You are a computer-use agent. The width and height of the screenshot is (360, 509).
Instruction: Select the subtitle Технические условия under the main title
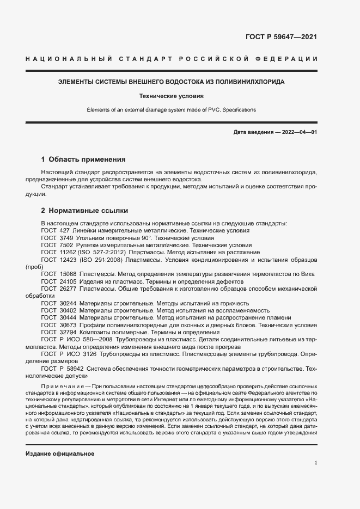click(x=171, y=96)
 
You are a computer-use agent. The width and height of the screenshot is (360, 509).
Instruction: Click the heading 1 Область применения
click(x=83, y=160)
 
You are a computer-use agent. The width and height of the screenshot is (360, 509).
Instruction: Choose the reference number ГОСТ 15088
click(x=59, y=274)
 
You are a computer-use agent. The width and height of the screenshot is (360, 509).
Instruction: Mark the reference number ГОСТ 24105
click(x=59, y=281)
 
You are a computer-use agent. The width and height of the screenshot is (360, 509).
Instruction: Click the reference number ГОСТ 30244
click(x=59, y=303)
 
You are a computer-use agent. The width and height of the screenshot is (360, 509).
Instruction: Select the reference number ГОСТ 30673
click(x=59, y=324)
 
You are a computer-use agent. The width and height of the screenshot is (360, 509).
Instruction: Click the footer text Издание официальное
click(x=60, y=453)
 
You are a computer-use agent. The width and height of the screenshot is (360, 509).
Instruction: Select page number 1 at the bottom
click(x=315, y=463)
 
